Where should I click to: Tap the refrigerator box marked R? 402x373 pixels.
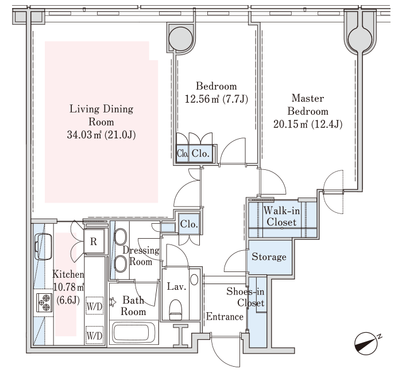[x=94, y=242]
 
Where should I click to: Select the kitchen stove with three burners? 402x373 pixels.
[x=44, y=302]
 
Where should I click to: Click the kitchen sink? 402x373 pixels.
[x=43, y=247]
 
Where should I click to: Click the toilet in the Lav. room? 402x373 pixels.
[x=175, y=309]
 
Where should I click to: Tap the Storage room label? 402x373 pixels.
[x=269, y=257]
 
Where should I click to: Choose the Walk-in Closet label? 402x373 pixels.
[x=281, y=216]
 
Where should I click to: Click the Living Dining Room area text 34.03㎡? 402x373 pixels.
[x=84, y=135]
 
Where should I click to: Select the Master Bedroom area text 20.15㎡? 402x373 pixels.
[x=291, y=125]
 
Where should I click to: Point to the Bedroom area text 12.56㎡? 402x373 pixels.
[x=202, y=99]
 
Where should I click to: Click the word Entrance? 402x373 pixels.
[x=225, y=317]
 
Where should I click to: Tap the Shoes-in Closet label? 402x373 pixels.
[x=245, y=297]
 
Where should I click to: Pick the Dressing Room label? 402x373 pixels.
[x=141, y=256]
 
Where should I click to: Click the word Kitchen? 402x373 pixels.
[x=68, y=274]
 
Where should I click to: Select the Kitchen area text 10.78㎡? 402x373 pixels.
[x=69, y=287]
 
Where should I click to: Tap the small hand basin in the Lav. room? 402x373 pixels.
[x=194, y=279]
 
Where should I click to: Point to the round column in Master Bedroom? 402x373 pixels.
[x=360, y=38]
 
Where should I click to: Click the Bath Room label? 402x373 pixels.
[x=133, y=306]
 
